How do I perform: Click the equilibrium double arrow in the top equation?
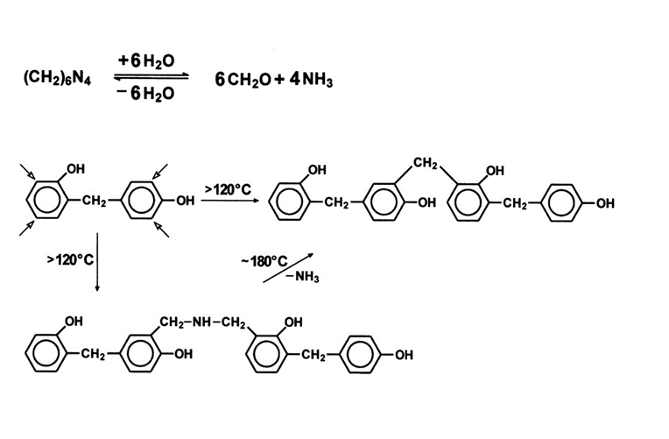(x=151, y=77)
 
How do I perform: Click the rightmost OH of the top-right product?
(x=605, y=202)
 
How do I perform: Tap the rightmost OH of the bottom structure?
(x=404, y=355)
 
